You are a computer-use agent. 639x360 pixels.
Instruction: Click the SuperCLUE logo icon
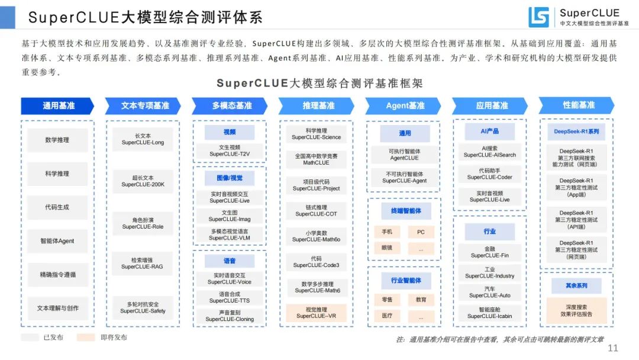pyautogui.click(x=538, y=17)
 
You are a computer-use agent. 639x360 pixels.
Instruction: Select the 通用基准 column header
pyautogui.click(x=58, y=106)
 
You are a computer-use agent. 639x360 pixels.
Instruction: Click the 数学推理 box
pyautogui.click(x=57, y=140)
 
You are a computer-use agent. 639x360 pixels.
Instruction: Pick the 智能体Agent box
pyautogui.click(x=57, y=241)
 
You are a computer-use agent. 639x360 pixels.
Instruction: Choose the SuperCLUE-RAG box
pyautogui.click(x=143, y=263)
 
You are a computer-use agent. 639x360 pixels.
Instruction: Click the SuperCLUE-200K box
pyautogui.click(x=143, y=181)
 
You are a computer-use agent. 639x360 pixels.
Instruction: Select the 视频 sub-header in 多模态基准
pyautogui.click(x=229, y=132)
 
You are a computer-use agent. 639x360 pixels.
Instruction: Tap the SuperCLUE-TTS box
pyautogui.click(x=229, y=297)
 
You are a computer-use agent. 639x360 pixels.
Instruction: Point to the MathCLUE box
pyautogui.click(x=316, y=159)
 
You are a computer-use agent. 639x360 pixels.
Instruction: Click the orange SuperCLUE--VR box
pyautogui.click(x=316, y=312)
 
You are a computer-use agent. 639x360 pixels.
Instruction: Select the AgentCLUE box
pyautogui.click(x=404, y=155)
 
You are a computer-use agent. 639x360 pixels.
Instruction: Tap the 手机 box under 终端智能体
pyautogui.click(x=387, y=232)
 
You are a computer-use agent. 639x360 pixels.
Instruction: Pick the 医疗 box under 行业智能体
pyautogui.click(x=387, y=316)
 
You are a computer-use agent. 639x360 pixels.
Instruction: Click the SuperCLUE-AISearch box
pyautogui.click(x=489, y=152)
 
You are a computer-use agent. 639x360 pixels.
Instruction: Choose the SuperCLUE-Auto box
pyautogui.click(x=489, y=292)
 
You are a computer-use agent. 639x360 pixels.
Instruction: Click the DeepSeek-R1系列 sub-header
pyautogui.click(x=576, y=131)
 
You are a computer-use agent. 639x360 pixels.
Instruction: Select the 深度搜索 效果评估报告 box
pyautogui.click(x=576, y=310)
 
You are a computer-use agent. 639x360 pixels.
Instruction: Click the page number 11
pyautogui.click(x=613, y=348)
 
